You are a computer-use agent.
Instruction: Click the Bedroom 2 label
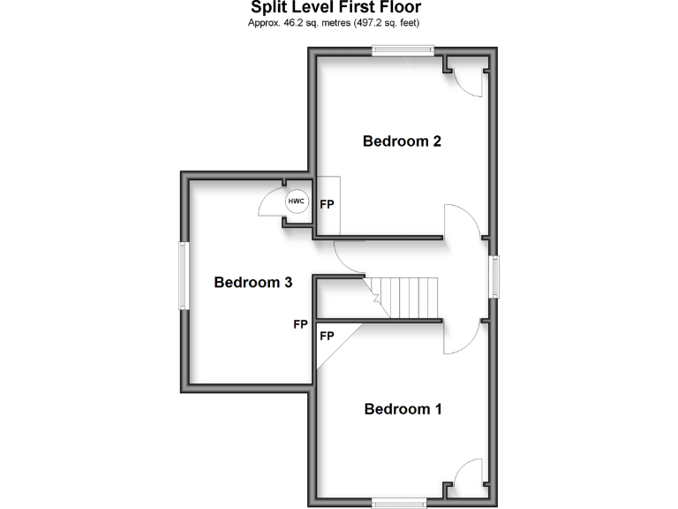(402, 141)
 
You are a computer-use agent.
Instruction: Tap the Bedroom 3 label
(253, 283)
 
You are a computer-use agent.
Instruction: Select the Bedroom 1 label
(403, 409)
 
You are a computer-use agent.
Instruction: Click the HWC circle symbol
(296, 201)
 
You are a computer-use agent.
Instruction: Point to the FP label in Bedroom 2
(327, 205)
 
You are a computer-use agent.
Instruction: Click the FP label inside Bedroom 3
(300, 324)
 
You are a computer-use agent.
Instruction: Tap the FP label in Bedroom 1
(327, 336)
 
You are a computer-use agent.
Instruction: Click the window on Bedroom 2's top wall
(403, 51)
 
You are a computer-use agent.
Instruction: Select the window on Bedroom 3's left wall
(185, 276)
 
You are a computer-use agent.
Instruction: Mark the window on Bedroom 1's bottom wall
(403, 505)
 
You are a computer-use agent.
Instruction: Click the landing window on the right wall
(495, 277)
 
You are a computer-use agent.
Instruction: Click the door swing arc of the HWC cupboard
(268, 205)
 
